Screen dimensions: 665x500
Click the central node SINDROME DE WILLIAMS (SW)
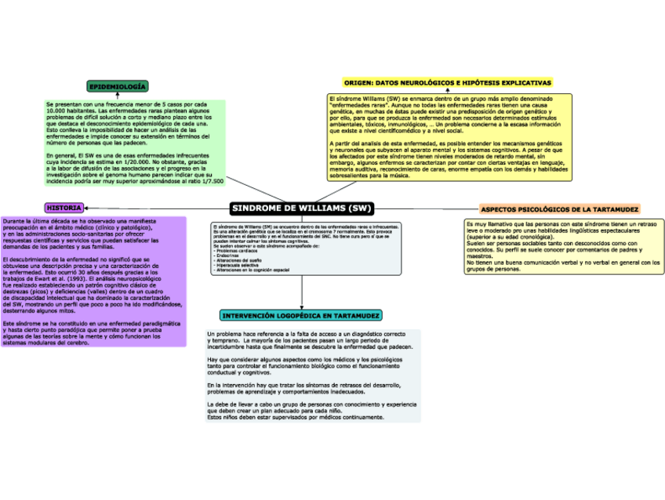coord(302,208)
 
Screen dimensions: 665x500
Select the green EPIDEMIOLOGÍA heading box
coord(118,86)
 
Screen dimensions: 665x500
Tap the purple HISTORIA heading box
coord(64,208)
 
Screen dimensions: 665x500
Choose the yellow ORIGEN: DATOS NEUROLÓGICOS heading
coord(448,82)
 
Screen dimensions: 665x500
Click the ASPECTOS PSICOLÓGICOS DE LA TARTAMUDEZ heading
coord(559,209)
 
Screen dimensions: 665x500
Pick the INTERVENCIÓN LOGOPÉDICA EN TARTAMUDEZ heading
coord(302,315)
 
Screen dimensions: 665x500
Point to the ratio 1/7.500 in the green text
coord(207,180)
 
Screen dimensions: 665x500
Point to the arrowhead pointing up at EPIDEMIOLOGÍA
coord(118,96)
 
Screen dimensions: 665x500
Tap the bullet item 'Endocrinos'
coord(229,255)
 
